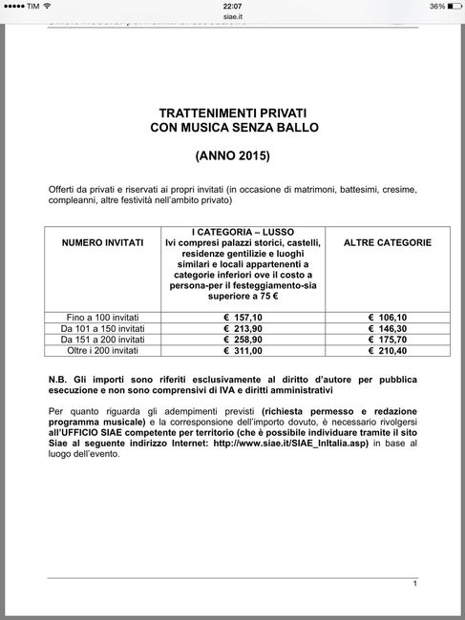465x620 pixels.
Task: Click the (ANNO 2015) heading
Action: tap(232, 154)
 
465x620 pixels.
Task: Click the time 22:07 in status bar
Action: tap(232, 6)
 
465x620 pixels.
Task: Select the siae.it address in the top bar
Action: tap(232, 17)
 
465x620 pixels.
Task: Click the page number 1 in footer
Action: tap(415, 583)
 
